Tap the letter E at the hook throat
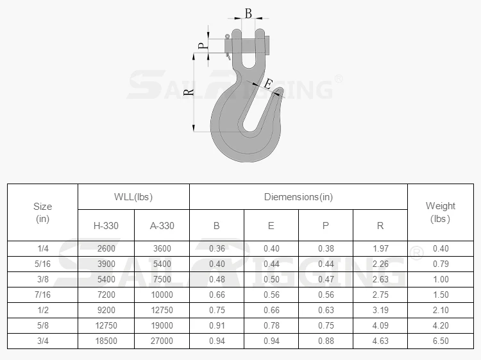pyautogui.click(x=268, y=84)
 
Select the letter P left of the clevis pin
pyautogui.click(x=201, y=46)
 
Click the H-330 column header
pyautogui.click(x=106, y=225)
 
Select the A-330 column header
pyautogui.click(x=162, y=225)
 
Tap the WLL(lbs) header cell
pyautogui.click(x=133, y=197)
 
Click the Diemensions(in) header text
pyautogui.click(x=298, y=197)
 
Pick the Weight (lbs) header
pyautogui.click(x=440, y=212)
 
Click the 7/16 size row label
pyautogui.click(x=42, y=295)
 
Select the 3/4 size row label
pyautogui.click(x=42, y=341)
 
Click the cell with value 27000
pyautogui.click(x=162, y=341)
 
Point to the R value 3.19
pyautogui.click(x=380, y=310)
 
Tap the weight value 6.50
pyautogui.click(x=440, y=341)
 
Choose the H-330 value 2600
pyautogui.click(x=106, y=248)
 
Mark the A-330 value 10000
pyautogui.click(x=162, y=295)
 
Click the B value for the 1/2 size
pyautogui.click(x=216, y=310)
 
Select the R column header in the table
pyautogui.click(x=380, y=225)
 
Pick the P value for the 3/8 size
pyautogui.click(x=326, y=279)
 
